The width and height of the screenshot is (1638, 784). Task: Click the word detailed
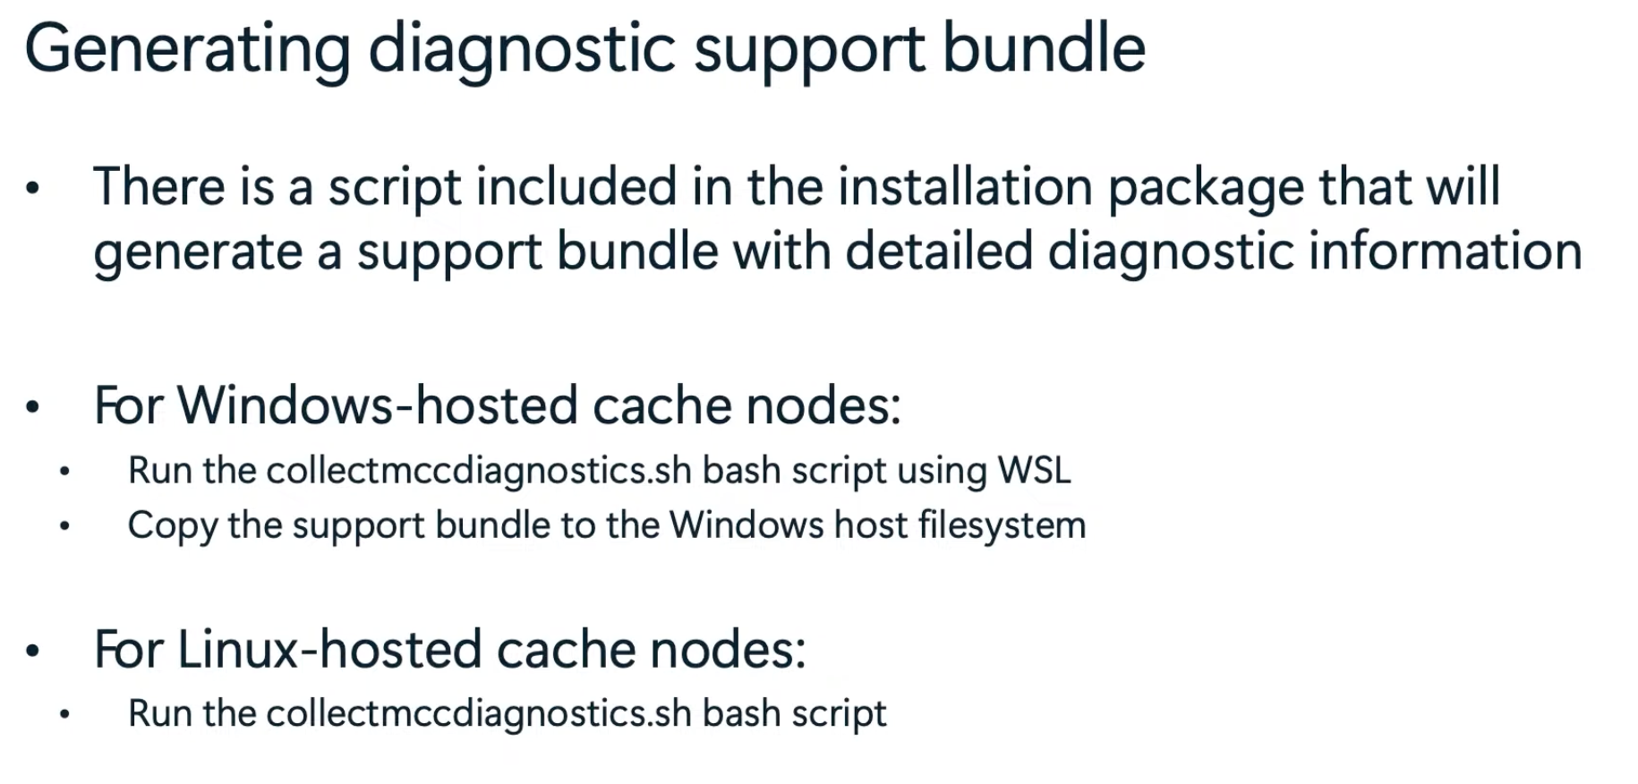coord(939,251)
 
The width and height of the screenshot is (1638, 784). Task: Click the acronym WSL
coord(1035,471)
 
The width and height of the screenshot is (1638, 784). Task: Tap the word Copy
coord(172,526)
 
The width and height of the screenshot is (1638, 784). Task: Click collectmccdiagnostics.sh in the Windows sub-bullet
coord(479,471)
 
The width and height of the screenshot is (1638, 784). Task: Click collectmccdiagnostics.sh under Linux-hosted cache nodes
coord(479,714)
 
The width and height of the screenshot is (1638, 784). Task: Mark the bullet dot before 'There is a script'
coord(33,189)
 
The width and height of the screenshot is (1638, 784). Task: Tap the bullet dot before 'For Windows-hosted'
coord(33,408)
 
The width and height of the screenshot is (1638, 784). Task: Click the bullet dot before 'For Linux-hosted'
coord(33,652)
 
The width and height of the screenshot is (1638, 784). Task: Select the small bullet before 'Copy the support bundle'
coord(64,526)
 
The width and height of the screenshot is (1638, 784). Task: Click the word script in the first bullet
coord(394,189)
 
